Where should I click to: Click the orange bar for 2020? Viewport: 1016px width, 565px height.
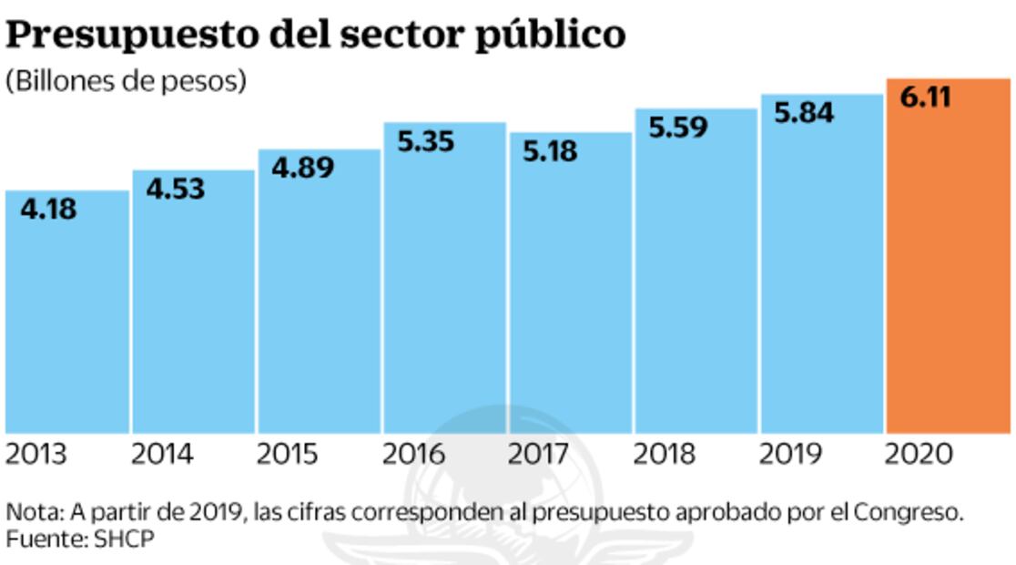[947, 264]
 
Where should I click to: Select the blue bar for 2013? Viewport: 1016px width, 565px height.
[66, 319]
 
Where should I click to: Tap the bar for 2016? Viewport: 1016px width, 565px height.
[443, 282]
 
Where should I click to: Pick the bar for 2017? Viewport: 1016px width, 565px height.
[570, 292]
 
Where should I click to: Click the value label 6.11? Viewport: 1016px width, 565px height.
[926, 97]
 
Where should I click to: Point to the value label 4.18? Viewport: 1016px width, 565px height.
[48, 210]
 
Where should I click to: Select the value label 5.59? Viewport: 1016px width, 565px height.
[678, 127]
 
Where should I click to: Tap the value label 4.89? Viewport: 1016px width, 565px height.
[302, 168]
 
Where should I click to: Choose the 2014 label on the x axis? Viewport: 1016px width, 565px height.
[162, 454]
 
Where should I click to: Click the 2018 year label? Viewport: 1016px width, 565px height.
[665, 454]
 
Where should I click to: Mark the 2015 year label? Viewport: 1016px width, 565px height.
[287, 454]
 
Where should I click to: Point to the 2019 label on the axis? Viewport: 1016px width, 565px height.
[790, 454]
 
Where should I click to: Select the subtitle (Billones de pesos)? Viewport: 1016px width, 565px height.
[127, 81]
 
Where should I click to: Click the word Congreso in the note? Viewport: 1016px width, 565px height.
[907, 512]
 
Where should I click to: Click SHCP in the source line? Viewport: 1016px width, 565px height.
[124, 539]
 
